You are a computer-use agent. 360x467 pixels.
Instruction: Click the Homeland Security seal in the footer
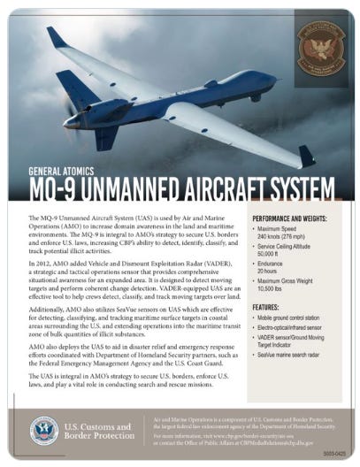44,430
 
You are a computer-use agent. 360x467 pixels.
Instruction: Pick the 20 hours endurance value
271,273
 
